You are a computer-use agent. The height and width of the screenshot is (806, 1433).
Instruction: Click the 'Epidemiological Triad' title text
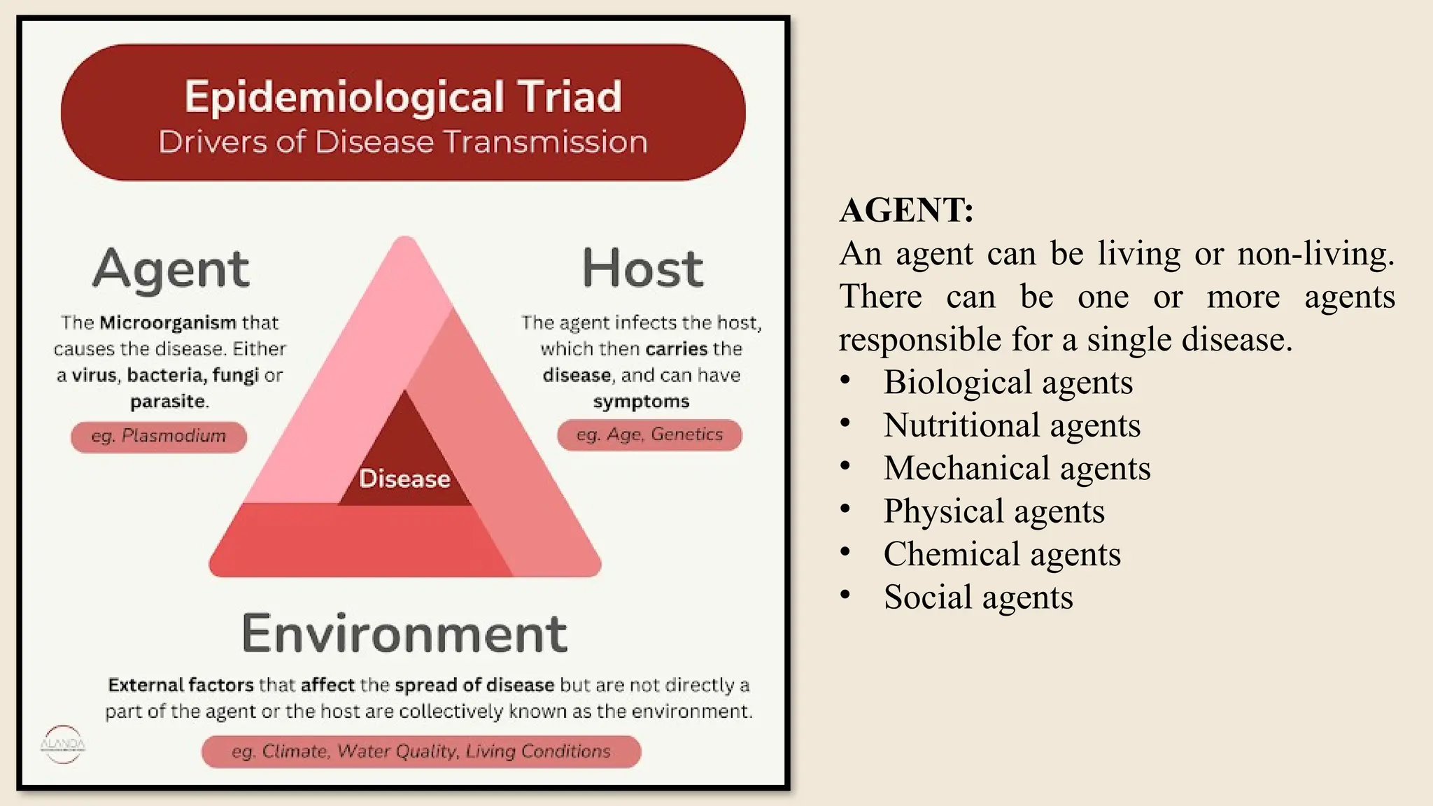click(403, 97)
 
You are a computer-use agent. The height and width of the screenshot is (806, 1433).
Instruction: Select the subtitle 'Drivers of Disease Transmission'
click(403, 142)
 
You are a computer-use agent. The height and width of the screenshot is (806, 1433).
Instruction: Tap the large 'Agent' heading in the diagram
click(171, 269)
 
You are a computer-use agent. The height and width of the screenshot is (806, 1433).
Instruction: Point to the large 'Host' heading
click(642, 269)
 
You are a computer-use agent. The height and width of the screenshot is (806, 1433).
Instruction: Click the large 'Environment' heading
click(404, 634)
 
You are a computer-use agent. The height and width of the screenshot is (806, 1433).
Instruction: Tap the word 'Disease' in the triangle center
click(404, 479)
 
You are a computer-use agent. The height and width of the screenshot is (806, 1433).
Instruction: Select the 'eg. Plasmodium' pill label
click(159, 437)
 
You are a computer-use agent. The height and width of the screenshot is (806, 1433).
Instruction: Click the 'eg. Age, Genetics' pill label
click(649, 435)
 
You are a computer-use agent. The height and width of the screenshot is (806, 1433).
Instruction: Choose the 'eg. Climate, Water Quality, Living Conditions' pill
click(421, 752)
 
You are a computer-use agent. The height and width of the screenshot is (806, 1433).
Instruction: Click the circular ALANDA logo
click(63, 744)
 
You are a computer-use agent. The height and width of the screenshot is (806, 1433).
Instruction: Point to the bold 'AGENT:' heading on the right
click(906, 210)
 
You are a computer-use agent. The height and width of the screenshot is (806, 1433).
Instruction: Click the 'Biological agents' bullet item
click(1008, 383)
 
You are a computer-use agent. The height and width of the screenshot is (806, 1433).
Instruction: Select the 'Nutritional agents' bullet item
click(1012, 425)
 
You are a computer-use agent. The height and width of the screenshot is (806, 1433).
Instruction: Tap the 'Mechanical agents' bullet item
click(1017, 469)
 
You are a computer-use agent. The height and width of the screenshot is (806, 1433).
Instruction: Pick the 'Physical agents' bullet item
click(994, 511)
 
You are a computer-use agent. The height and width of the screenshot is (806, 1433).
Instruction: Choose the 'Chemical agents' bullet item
click(1002, 555)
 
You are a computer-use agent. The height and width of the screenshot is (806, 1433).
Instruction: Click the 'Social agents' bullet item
click(978, 598)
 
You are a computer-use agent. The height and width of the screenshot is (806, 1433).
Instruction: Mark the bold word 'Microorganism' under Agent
click(168, 323)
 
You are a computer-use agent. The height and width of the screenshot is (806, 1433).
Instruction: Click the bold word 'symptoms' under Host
click(641, 402)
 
